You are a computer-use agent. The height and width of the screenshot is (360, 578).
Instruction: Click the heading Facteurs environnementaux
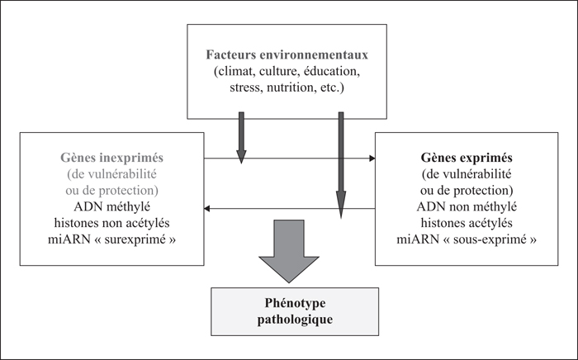(287, 54)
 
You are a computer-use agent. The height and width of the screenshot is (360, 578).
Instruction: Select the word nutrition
(289, 88)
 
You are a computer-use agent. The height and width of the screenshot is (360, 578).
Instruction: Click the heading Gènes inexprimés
(111, 158)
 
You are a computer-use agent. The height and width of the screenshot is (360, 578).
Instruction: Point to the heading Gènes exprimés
(467, 158)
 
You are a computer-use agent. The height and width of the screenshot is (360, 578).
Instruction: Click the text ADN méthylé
(111, 206)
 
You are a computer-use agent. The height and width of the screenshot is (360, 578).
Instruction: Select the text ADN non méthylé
(467, 206)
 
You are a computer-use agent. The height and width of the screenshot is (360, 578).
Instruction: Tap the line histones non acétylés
(111, 223)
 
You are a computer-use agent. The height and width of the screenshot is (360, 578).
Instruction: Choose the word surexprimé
(136, 239)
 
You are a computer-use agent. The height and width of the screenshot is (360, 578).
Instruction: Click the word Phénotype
(295, 303)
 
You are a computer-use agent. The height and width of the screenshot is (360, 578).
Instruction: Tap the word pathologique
(295, 319)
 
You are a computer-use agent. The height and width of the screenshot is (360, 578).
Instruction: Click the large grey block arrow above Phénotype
(289, 250)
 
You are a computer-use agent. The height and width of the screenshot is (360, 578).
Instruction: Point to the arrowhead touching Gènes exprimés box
(372, 159)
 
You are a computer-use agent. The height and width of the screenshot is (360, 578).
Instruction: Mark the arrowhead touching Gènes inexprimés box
(206, 209)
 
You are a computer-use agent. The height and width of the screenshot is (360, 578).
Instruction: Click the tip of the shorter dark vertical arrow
(241, 163)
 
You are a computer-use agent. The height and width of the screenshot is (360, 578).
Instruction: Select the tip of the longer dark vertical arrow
(341, 219)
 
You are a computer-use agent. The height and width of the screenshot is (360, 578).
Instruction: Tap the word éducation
(332, 72)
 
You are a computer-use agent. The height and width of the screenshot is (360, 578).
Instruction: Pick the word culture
(280, 72)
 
